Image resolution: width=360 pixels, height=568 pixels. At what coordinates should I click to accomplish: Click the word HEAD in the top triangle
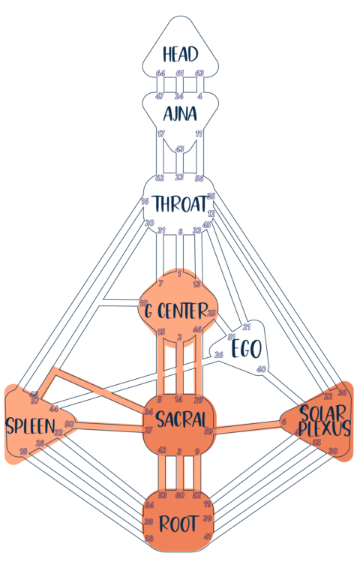[180, 54]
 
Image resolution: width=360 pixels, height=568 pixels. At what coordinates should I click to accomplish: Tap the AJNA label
[180, 113]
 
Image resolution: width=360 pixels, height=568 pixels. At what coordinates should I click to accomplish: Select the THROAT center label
[179, 203]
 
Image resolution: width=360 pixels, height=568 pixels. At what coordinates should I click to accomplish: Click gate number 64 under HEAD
[160, 74]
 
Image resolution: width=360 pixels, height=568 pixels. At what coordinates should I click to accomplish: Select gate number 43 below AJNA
[180, 149]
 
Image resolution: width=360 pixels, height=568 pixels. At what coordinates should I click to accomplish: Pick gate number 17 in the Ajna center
[160, 134]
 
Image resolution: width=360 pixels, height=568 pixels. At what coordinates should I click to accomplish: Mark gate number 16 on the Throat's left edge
[145, 202]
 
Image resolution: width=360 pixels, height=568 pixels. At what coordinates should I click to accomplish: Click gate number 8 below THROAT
[180, 232]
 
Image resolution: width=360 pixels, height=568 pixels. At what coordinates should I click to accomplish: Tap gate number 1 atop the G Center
[179, 273]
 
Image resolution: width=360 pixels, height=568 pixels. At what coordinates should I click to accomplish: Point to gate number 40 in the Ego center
[261, 369]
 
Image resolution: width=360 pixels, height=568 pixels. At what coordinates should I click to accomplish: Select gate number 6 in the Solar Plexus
[284, 422]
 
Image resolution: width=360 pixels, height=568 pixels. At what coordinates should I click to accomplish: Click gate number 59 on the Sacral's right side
[208, 431]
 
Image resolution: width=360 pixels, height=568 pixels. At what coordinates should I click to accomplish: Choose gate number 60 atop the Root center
[179, 495]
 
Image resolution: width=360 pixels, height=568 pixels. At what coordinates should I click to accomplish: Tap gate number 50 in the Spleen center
[69, 425]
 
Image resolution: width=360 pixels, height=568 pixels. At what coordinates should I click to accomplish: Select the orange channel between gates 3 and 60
[179, 473]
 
